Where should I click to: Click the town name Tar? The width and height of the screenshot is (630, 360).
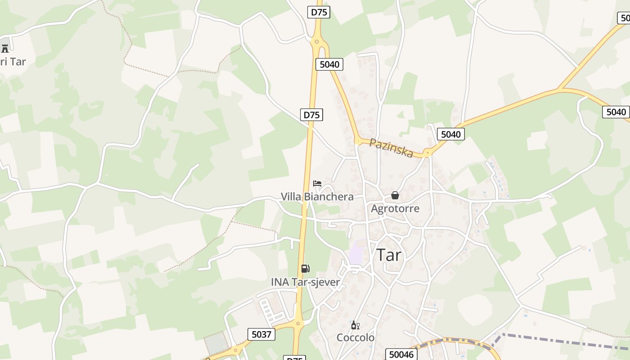pos(389,255)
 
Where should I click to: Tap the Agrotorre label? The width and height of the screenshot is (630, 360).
pos(395,209)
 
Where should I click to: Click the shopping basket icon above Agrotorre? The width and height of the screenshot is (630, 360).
pos(395,195)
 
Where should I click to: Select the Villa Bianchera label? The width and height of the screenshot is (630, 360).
pos(317,197)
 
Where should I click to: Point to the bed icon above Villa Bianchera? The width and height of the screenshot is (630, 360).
pos(317,184)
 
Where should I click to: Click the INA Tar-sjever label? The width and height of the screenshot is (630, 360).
pos(305,282)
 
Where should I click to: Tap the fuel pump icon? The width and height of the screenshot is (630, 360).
pos(305,269)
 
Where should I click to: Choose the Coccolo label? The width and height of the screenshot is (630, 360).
pos(355,337)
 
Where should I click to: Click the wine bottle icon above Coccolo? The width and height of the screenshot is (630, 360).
pos(355,325)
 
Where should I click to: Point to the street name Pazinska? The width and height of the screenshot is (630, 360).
pos(391,148)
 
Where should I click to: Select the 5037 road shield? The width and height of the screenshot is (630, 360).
pos(261,334)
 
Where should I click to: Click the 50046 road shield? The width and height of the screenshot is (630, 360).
pos(401,355)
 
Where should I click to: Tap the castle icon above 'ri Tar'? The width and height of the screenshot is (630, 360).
pos(5,48)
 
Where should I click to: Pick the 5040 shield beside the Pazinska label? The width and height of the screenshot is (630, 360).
pos(450,134)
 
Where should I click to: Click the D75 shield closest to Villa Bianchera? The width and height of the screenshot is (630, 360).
pos(311,115)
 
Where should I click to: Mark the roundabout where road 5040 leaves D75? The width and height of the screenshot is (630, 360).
pos(317,42)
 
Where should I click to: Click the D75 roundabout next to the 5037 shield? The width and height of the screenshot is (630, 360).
pos(297,323)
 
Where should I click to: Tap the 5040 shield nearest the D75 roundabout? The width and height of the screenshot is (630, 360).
pos(329,64)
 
